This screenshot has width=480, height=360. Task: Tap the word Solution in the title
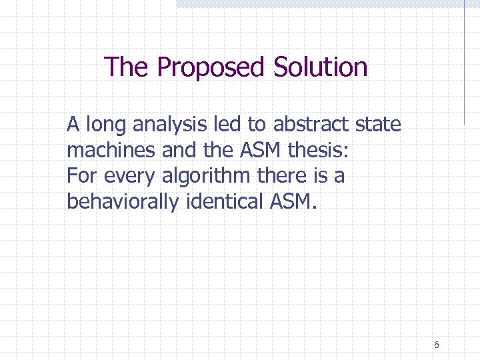coord(320,67)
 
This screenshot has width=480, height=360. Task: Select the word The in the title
coord(127,67)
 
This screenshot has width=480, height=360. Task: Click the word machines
coord(111,151)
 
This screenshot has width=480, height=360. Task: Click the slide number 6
coord(436,345)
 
